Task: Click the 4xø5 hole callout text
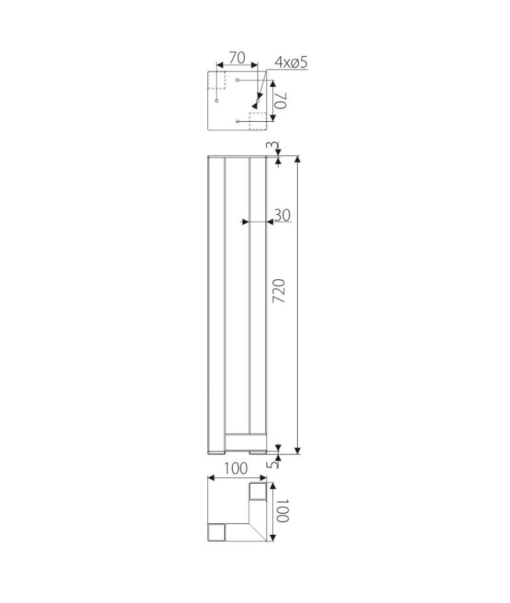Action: point(291,62)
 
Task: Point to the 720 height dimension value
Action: point(279,291)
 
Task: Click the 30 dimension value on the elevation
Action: point(282,215)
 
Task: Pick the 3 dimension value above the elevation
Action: point(272,145)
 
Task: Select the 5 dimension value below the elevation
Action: point(273,465)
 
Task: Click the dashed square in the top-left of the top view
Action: point(217,80)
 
